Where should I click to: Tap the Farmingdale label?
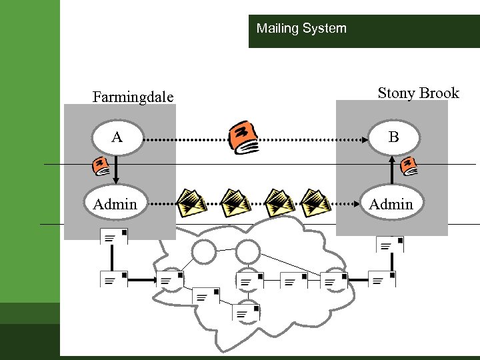(x=133, y=97)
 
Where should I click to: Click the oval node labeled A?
(x=117, y=138)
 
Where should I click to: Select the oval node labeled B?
(x=393, y=137)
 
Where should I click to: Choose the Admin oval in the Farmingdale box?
(x=115, y=204)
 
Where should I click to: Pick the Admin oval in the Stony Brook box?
(x=391, y=204)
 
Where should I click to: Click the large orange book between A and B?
(x=243, y=137)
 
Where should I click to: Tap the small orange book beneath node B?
(x=409, y=166)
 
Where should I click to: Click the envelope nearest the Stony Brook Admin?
(x=315, y=202)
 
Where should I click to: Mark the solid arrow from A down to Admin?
(x=116, y=170)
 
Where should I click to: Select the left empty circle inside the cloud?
(x=204, y=251)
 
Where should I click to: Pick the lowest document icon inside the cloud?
(x=247, y=312)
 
